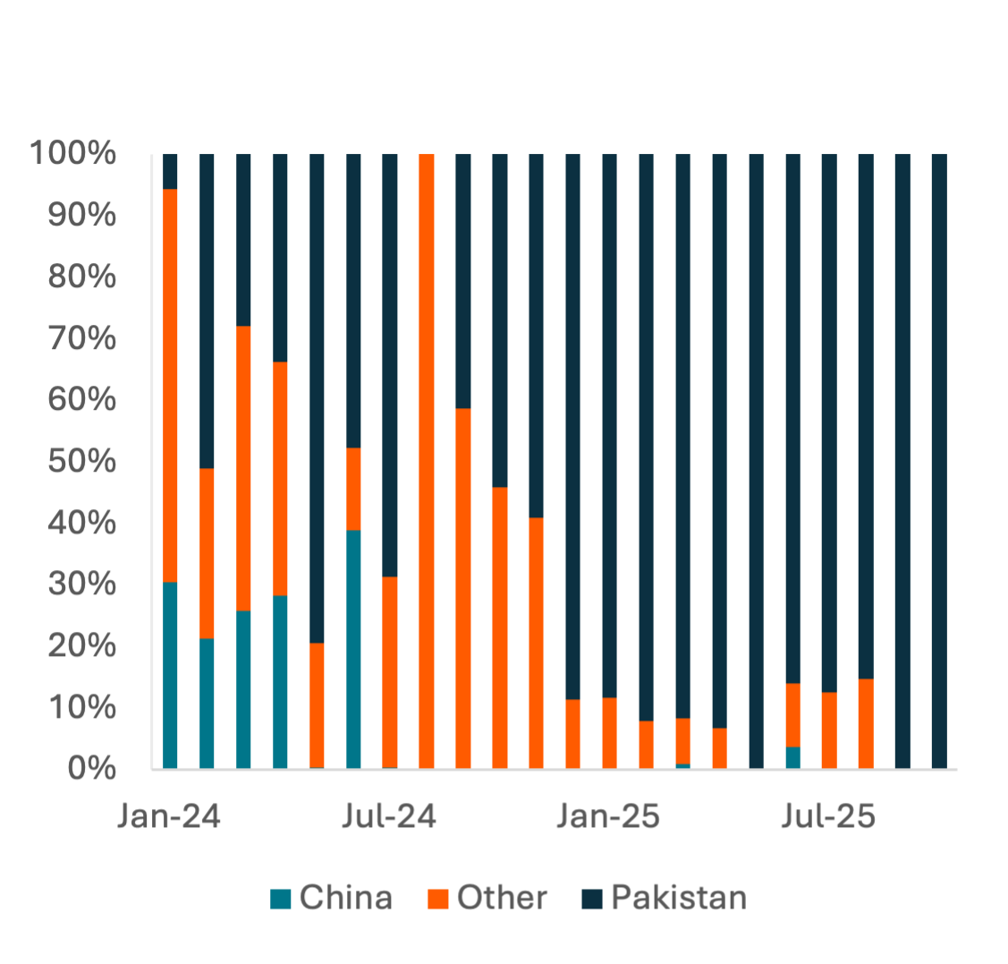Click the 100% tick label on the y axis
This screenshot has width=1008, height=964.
click(73, 154)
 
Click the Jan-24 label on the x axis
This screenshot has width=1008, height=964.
click(169, 816)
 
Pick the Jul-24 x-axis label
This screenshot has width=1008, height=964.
click(389, 816)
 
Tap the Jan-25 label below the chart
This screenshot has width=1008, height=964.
click(608, 816)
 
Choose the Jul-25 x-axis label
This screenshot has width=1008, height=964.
click(828, 816)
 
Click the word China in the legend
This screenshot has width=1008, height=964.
click(345, 898)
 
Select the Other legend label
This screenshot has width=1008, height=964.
click(502, 898)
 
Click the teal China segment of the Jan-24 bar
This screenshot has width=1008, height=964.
click(170, 676)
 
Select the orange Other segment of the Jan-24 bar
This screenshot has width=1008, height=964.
click(170, 385)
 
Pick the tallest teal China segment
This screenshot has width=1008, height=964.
click(353, 649)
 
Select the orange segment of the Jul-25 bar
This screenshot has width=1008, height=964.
click(829, 730)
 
